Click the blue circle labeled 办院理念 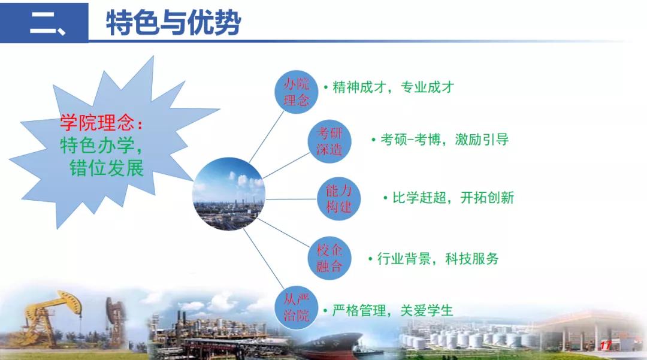297,92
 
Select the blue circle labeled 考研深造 329,141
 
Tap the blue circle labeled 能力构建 338,198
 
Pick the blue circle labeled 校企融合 329,258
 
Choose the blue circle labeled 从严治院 297,308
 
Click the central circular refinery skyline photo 229,194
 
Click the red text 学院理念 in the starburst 97,122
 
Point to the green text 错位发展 107,168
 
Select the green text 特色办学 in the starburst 98,145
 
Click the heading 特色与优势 173,22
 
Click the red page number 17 605,346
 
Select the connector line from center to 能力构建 291,199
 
